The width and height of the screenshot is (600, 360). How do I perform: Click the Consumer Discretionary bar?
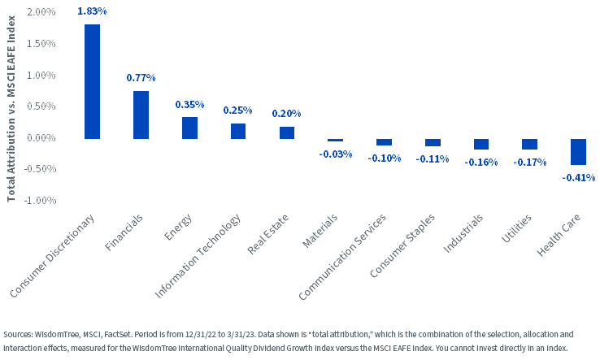[x=92, y=81]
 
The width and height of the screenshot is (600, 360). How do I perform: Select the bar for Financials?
[x=141, y=115]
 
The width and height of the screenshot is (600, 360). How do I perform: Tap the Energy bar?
[x=189, y=128]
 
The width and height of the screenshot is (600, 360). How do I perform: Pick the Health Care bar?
[x=578, y=152]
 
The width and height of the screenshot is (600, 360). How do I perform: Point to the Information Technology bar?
[x=238, y=131]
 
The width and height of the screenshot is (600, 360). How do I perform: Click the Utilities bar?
[x=529, y=144]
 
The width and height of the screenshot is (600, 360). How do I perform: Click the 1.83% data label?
[x=92, y=11]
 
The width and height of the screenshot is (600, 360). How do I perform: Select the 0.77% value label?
[x=141, y=78]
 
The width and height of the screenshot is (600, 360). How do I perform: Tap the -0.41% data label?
[x=579, y=177]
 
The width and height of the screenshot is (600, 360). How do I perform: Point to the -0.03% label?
[x=335, y=154]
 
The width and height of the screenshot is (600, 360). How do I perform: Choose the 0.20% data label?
[x=286, y=114]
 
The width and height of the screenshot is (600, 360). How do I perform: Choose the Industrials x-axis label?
[x=463, y=233]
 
